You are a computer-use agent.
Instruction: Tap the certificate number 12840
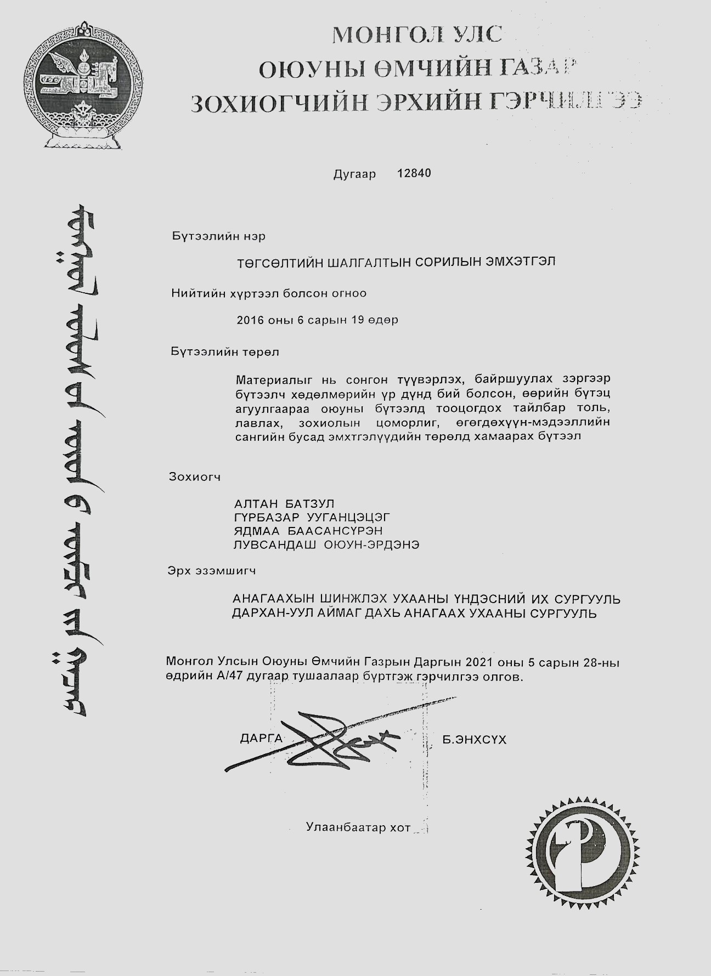pos(414,173)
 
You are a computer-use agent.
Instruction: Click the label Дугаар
pos(354,174)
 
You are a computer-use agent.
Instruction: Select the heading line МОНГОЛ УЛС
pos(417,35)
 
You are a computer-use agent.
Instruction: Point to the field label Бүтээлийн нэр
pos(218,236)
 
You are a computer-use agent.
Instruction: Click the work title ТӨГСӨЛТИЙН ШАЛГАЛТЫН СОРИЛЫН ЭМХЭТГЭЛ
pos(396,262)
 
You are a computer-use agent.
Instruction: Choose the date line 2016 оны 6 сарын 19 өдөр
pos(317,320)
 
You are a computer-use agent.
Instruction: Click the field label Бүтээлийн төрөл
pos(225,352)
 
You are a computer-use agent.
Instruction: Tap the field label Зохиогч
pos(195,477)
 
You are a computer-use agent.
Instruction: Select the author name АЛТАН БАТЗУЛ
pos(284,504)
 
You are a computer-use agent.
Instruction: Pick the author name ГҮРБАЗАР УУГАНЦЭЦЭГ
pos(312,517)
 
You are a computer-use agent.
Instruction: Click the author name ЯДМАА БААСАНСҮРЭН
pos(308,531)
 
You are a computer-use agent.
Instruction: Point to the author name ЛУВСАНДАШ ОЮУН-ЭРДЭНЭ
pos(326,544)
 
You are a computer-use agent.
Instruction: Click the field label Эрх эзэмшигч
pos(212,571)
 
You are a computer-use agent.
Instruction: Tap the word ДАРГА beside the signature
pos(261,739)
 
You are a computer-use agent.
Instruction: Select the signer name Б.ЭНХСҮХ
pos(474,740)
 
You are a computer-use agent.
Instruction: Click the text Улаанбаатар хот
pos(358,828)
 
